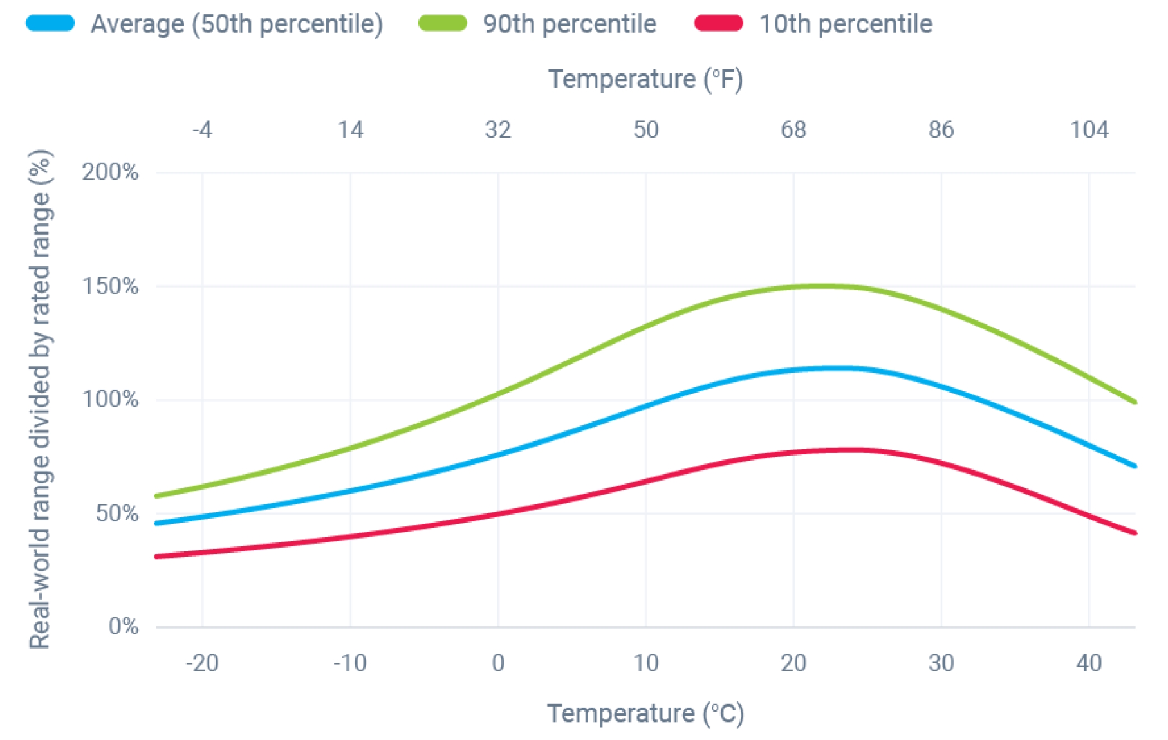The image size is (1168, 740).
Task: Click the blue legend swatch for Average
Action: coord(50,24)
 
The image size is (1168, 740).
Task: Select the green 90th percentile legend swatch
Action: coord(443,24)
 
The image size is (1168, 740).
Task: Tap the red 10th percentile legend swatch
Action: coord(719,24)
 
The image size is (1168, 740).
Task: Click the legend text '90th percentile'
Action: coord(570,24)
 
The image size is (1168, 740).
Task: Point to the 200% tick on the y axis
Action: coord(110,172)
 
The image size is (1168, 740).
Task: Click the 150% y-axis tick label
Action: coord(110,286)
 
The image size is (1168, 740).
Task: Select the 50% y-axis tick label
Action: coord(116,513)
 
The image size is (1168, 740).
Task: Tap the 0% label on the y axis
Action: coord(123,626)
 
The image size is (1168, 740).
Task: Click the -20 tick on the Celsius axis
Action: coord(202,663)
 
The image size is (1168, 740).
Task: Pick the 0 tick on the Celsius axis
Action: coord(498,663)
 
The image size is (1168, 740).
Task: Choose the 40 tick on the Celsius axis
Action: coord(1089,663)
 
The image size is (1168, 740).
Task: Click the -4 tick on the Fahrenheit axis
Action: coord(202,130)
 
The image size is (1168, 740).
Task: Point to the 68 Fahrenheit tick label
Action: coord(793,130)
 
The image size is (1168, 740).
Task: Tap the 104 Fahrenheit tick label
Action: coord(1089,130)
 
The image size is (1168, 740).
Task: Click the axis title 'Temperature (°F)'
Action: coord(645,79)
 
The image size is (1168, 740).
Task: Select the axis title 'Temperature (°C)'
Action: coord(645,714)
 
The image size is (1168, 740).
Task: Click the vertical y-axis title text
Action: coord(40,399)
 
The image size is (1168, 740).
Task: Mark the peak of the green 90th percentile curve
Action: coord(820,286)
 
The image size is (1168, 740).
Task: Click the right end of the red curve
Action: coord(1134,533)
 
